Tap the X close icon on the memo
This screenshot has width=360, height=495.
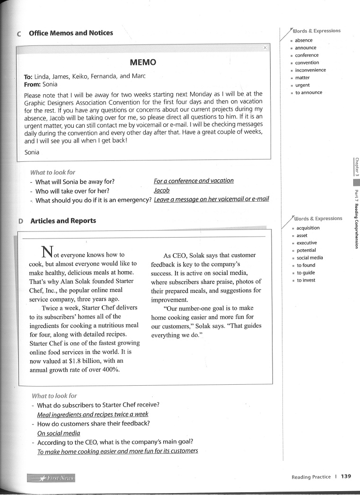(265, 48)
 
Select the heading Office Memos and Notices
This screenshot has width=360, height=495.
(71, 33)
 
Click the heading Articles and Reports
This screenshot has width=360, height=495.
(63, 221)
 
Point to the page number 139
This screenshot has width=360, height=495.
(346, 477)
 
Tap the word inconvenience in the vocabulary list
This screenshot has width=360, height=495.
(310, 70)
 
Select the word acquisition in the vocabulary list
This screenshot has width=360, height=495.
(308, 228)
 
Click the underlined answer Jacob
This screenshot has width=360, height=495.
(162, 190)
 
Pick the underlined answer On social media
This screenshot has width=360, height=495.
(59, 433)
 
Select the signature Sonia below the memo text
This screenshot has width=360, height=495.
(32, 152)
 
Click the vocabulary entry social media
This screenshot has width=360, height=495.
(310, 258)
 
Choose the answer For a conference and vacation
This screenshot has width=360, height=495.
(193, 181)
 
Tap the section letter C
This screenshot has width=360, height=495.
(18, 34)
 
